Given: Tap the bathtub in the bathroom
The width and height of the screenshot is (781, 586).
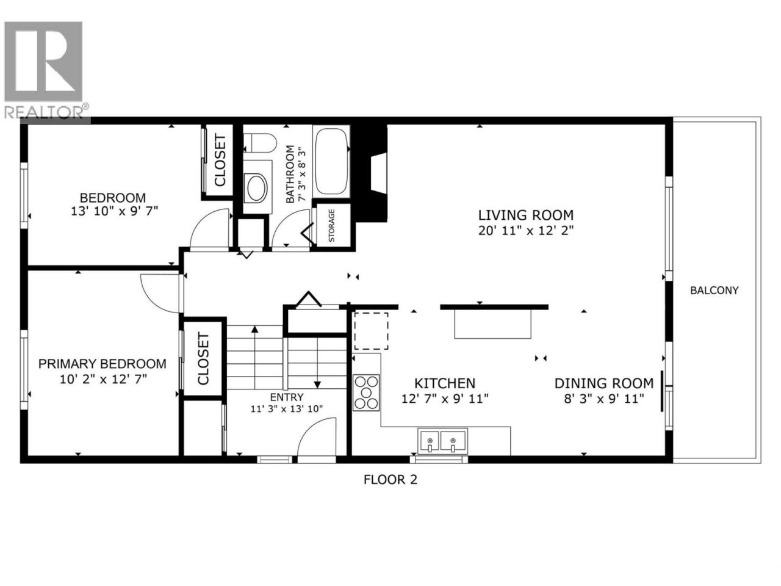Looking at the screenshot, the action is tap(331, 161).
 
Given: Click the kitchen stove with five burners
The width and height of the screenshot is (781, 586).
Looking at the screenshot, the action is tap(367, 392).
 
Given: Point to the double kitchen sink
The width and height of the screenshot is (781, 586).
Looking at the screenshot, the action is tap(442, 441).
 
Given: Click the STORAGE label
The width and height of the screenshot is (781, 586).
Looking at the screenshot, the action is tap(331, 226).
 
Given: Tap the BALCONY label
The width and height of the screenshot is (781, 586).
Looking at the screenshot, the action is tap(714, 291).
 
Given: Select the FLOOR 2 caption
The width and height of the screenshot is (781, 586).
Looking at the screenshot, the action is tap(390, 480).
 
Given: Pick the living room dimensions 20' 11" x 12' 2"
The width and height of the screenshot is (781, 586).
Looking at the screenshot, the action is tap(526, 231).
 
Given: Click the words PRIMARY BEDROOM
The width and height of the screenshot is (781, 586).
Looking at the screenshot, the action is tap(103, 364).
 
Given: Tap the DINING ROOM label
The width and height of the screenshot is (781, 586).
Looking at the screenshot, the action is tap(604, 383).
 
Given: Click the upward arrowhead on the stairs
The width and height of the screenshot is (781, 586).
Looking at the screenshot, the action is tap(255, 329).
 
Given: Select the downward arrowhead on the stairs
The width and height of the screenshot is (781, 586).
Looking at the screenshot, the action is tap(317, 385).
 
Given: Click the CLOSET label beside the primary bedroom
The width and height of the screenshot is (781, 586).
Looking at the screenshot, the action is tap(203, 359).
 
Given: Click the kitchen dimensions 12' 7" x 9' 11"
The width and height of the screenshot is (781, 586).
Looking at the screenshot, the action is tap(445, 399).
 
